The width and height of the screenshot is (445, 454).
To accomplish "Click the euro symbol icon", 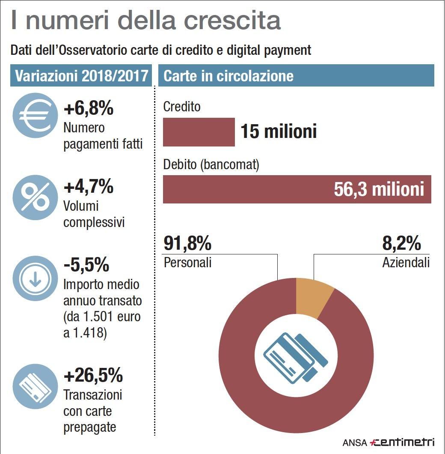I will click(35, 115).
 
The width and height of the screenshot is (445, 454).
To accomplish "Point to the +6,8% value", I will click(89, 109).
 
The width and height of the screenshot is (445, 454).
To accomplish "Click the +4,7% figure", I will click(89, 187).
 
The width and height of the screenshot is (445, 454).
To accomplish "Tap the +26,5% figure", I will click(93, 376).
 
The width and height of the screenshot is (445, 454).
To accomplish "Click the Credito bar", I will click(199, 132).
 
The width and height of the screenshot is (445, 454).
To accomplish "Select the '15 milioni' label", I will click(279, 131).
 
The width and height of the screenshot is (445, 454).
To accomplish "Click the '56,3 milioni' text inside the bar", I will click(379, 189).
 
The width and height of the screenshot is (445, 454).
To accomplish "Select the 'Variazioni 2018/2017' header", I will click(81, 76).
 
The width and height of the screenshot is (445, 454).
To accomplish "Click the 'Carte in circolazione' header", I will click(228, 76).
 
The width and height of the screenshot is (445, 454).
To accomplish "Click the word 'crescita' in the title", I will click(228, 21).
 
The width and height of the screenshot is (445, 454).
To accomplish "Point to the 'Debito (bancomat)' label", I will click(211, 165).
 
